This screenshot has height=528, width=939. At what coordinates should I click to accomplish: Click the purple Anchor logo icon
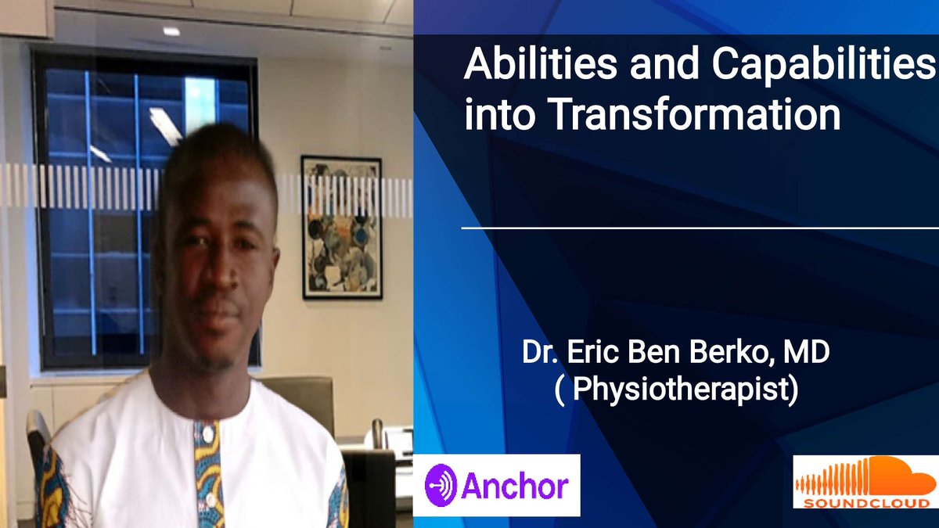[441, 484]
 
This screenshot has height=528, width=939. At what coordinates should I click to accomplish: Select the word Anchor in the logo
[514, 486]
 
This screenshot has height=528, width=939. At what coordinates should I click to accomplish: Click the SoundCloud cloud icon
[865, 473]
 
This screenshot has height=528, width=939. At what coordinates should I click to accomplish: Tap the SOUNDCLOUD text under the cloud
[865, 501]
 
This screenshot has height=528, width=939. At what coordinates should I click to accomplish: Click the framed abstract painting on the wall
[342, 227]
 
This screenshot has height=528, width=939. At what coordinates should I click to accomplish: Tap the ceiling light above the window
[171, 31]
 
